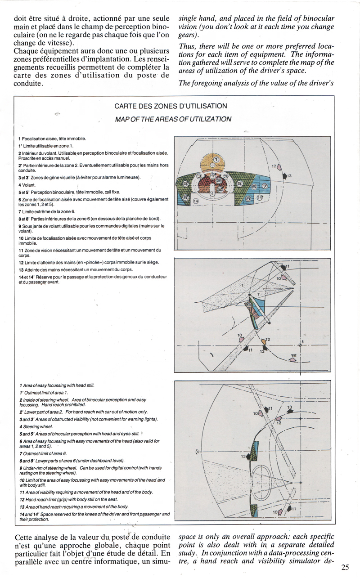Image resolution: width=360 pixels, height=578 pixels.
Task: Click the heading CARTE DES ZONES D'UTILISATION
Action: tap(171, 106)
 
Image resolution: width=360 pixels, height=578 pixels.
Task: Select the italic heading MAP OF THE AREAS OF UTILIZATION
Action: tap(173, 119)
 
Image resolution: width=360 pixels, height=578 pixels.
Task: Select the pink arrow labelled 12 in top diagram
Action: tap(279, 167)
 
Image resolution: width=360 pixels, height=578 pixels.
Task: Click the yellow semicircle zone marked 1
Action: tap(216, 160)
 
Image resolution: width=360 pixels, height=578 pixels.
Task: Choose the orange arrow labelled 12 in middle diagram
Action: tap(263, 342)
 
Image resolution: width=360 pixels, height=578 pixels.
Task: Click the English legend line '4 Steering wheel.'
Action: tap(36, 426)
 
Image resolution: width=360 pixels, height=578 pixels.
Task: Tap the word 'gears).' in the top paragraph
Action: tap(189, 35)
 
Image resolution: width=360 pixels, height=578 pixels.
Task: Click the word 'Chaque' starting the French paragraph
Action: tap(27, 52)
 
